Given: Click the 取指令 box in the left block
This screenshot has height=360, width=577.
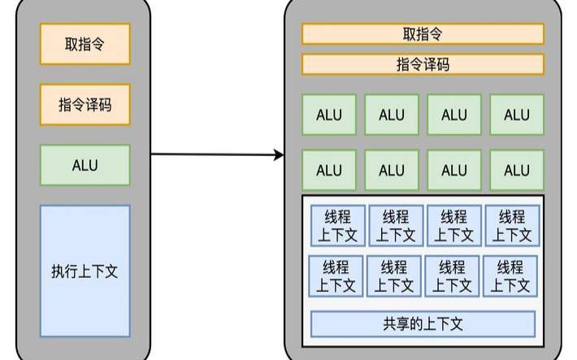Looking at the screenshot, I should click(85, 44).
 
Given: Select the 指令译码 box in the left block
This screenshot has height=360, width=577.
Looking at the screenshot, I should click(85, 105).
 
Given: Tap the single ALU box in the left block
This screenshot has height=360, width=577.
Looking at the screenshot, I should click(85, 165).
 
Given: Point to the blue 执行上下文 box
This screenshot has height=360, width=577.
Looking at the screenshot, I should click(85, 271).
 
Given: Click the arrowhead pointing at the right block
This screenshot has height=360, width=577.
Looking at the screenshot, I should click(279, 154).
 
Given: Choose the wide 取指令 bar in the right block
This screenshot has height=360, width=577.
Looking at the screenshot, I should click(423, 33).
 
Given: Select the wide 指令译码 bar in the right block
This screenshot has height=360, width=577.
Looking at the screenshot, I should click(423, 64).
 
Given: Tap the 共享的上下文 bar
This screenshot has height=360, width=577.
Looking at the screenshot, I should click(423, 323).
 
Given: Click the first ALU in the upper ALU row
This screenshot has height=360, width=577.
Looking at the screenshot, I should click(329, 115).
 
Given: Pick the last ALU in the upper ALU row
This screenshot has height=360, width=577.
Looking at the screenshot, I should click(516, 115).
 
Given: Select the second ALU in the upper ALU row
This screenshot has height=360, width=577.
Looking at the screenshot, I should click(392, 115).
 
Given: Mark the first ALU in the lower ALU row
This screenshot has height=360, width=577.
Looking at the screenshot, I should click(329, 171).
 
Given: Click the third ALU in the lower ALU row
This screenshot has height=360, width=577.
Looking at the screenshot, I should click(453, 171).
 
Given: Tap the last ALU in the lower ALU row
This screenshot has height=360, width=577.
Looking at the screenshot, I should click(516, 171).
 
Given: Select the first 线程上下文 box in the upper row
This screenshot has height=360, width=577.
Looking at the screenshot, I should click(336, 226).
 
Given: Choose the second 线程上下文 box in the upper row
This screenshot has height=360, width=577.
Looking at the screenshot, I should click(395, 226).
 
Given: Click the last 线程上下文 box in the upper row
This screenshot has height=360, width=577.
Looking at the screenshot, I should click(511, 226).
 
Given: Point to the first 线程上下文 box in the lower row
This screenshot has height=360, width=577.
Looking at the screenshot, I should click(336, 276).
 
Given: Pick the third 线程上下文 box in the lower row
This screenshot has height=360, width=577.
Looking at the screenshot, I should click(453, 276).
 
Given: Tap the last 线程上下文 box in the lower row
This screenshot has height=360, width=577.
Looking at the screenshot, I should click(510, 276).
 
